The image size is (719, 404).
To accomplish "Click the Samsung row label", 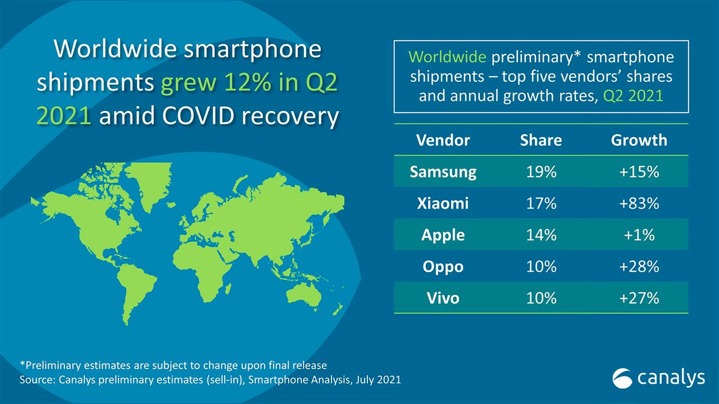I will click(443, 172).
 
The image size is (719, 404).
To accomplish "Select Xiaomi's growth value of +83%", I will click(639, 203).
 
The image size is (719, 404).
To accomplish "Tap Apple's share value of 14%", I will click(541, 235).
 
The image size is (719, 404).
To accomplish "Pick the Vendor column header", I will click(443, 140).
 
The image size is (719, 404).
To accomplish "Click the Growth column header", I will click(639, 140).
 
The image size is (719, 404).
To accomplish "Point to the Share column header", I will click(541, 140).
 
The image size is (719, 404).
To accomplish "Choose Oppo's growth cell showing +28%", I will click(639, 266).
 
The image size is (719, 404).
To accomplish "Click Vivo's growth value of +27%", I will click(639, 297).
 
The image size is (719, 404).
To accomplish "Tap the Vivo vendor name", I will click(443, 297).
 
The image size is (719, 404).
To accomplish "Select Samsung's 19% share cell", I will click(541, 172).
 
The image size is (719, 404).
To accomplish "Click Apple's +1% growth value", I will click(639, 235).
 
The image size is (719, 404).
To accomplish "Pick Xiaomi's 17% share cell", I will click(541, 203).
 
